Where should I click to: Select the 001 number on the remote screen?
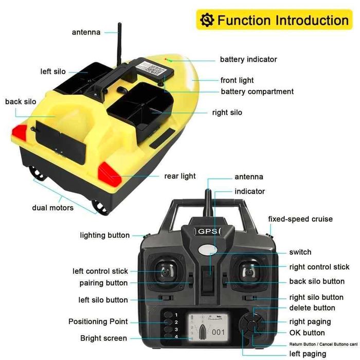(219, 332)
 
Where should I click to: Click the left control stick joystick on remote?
(163, 270)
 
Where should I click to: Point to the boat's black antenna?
(119, 41)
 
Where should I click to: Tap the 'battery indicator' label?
(248, 60)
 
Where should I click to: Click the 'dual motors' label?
(52, 208)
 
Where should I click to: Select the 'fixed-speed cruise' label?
(300, 219)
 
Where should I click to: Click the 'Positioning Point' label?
(98, 321)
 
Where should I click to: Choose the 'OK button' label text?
(307, 333)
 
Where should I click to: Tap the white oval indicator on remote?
(207, 250)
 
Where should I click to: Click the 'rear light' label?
(180, 176)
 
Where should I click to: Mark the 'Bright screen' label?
(103, 338)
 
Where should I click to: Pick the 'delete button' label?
(312, 308)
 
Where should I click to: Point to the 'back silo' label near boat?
(21, 102)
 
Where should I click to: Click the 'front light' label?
(237, 80)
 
